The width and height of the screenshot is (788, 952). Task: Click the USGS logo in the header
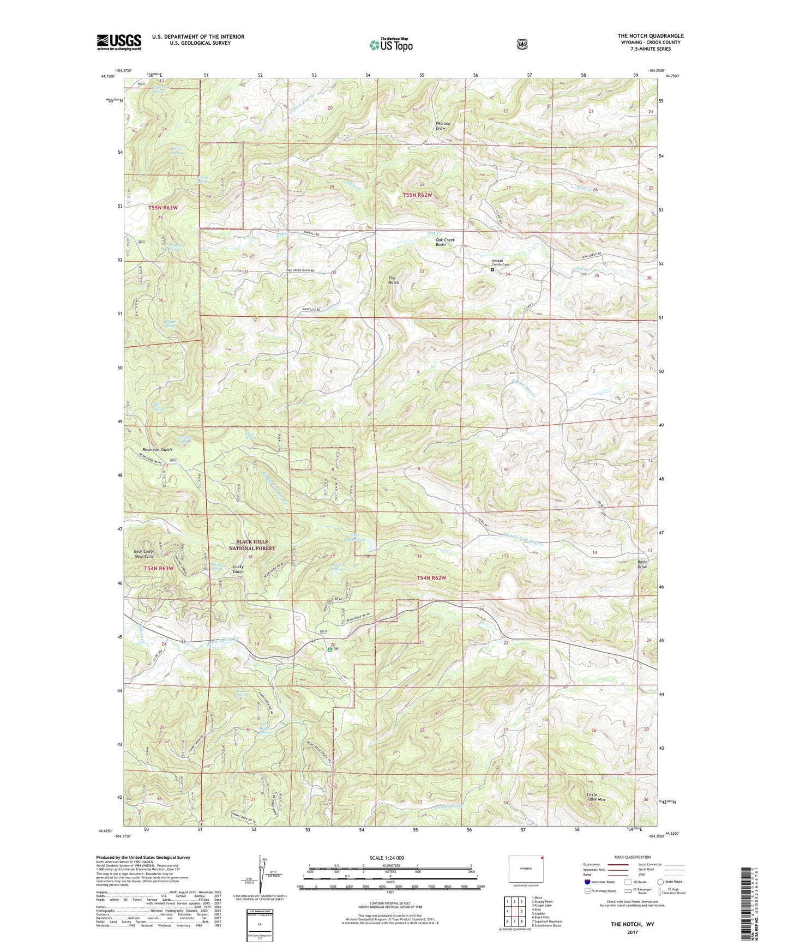coord(119,42)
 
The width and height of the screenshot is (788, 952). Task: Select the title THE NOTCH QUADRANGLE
coord(650,36)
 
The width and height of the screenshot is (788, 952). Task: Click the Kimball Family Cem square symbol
coord(492,269)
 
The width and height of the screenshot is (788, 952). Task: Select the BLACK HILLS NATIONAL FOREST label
coord(251,545)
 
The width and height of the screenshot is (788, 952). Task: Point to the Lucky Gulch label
coord(238,569)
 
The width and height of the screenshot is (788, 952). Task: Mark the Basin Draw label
coord(643,564)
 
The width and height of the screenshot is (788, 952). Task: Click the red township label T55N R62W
coord(417,195)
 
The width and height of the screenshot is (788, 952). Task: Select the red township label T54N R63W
coord(159,569)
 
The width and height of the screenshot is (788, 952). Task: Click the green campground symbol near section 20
coord(329,649)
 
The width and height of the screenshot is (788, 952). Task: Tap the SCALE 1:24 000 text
coord(387,858)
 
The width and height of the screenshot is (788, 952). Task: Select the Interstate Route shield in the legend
coord(587,882)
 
